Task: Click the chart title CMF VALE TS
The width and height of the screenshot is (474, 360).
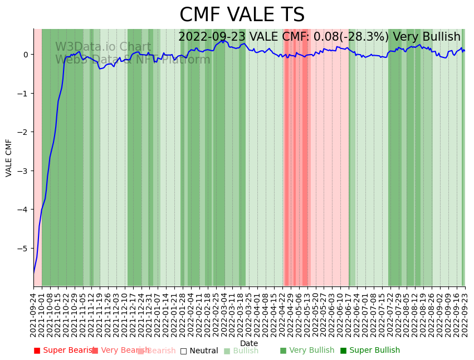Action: [x=242, y=15]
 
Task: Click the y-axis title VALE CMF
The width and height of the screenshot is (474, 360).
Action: [x=9, y=158]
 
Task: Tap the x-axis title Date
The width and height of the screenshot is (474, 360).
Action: [x=249, y=343]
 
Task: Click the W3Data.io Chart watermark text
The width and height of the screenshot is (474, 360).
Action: [x=103, y=47]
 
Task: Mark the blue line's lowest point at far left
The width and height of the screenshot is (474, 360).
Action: [x=34, y=273]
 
